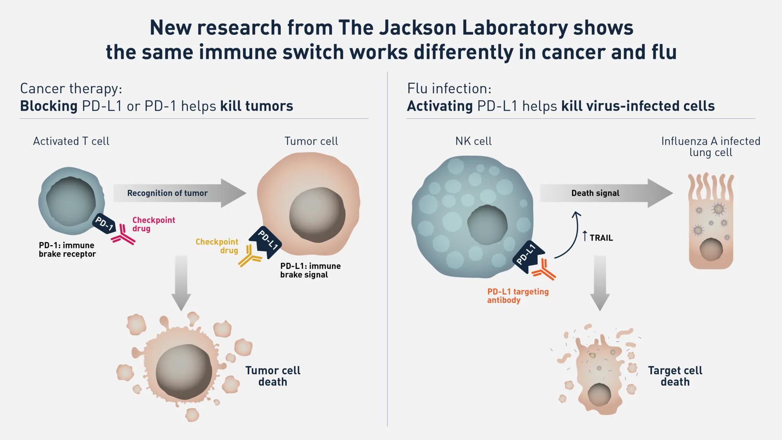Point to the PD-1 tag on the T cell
(104, 223)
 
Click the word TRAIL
(601, 238)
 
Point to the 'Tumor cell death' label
(273, 376)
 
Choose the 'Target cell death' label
(675, 376)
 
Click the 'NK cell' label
(473, 141)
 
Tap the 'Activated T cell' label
(71, 141)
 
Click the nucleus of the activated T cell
(71, 201)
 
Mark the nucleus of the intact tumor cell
(317, 214)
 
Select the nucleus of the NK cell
(487, 224)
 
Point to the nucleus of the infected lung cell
(711, 250)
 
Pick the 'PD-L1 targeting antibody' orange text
(518, 296)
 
